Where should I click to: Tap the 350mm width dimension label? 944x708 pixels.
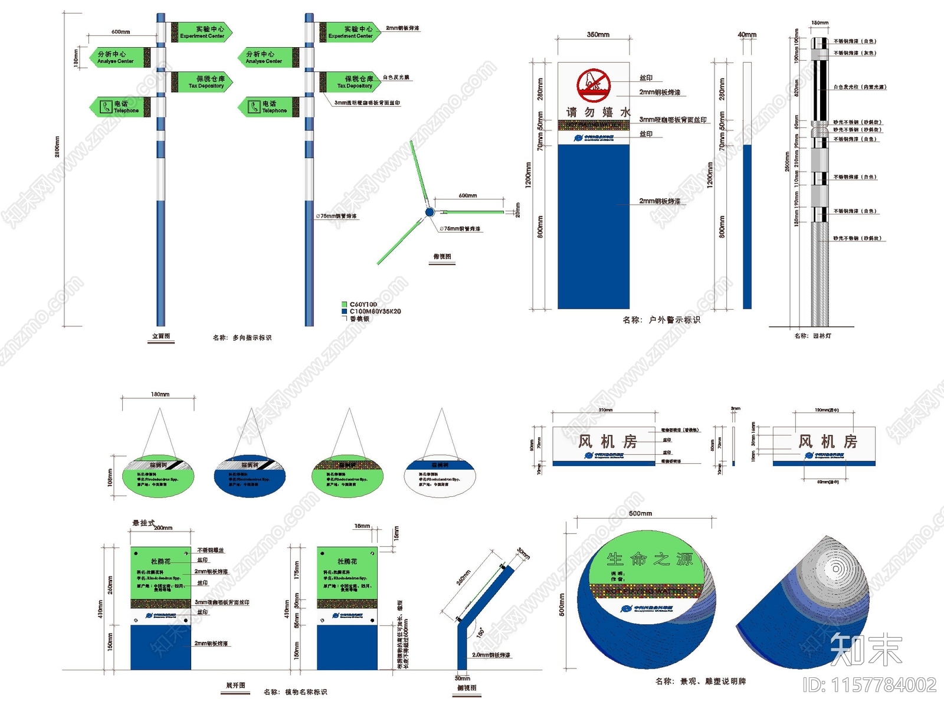tap(598, 35)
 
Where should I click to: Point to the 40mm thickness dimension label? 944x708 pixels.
tap(747, 35)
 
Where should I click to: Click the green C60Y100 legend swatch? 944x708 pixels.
tap(344, 304)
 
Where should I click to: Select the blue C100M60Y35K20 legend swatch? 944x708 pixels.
tap(344, 312)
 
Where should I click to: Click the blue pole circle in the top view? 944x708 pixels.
tap(430, 212)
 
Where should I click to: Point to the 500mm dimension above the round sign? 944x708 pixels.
tap(640, 513)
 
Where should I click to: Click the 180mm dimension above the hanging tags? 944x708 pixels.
tap(160, 394)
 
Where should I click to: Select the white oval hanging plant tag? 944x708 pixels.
tap(440, 476)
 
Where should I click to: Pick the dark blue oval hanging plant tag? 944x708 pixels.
tap(250, 476)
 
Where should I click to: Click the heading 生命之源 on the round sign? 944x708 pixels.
tap(650, 559)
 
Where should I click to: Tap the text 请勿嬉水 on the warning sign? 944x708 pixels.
tap(598, 112)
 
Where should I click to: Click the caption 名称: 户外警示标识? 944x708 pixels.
tap(661, 320)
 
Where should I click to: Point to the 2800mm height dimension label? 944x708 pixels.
tap(57, 147)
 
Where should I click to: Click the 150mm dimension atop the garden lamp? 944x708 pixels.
tap(820, 23)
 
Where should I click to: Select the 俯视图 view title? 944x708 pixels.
tap(442, 257)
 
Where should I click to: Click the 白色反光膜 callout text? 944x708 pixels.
tap(395, 77)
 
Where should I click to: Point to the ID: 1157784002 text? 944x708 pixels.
tap(869, 685)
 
